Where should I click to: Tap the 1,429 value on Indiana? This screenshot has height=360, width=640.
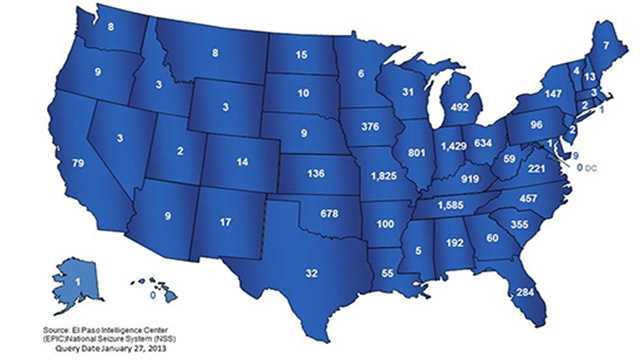453,147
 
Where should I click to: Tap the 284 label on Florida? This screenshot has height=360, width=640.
523,293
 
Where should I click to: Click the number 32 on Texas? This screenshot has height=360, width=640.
284,272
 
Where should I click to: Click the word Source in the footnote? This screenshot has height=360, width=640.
58,328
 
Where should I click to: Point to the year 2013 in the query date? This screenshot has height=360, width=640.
133,348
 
